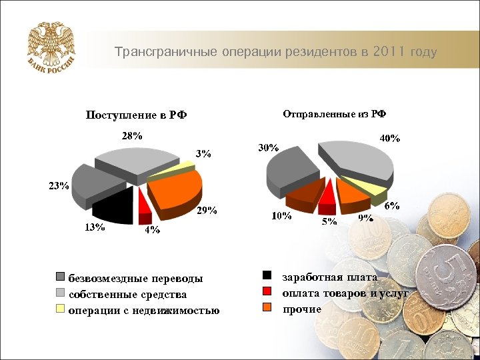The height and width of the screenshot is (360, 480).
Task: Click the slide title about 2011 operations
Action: pos(275,52)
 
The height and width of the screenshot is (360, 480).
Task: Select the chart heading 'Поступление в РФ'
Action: pos(136,115)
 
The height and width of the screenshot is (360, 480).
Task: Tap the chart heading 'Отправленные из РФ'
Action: pos(335,113)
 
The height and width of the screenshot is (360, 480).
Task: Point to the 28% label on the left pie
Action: pos(131,135)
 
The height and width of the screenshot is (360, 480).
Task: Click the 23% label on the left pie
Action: pos(58,186)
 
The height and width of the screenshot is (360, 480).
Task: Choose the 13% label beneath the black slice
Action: pos(94,227)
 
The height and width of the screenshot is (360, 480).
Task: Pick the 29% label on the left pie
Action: pos(207,211)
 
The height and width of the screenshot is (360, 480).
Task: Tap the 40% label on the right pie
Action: pos(389,139)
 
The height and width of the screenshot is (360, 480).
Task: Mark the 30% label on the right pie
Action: pos(268,148)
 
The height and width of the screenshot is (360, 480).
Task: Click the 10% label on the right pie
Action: pos(280,216)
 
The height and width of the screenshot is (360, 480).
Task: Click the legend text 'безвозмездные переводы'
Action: pos(136,278)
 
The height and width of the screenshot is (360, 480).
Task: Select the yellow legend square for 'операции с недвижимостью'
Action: pos(61,309)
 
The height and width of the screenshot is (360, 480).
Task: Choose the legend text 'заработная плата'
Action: pos(330,277)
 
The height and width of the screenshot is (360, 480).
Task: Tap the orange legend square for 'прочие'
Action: pos(267,307)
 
